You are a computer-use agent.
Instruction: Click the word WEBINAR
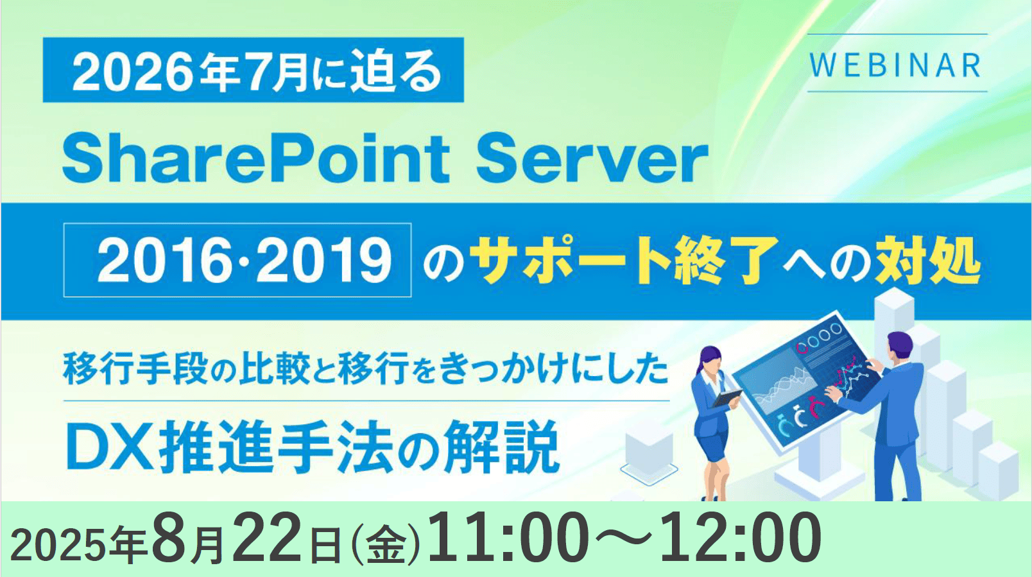pyautogui.click(x=896, y=65)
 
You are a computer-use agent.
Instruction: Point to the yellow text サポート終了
pyautogui.click(x=621, y=259)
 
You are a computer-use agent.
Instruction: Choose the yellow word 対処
pyautogui.click(x=928, y=259)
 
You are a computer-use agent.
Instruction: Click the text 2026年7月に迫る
pyautogui.click(x=257, y=70)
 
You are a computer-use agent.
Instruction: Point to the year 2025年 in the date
pyautogui.click(x=78, y=544)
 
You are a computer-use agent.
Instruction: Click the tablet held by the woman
pyautogui.click(x=727, y=397)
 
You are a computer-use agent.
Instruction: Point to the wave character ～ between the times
pyautogui.click(x=624, y=538)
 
